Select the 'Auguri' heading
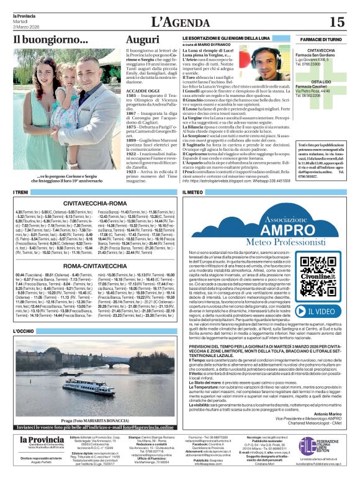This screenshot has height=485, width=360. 143,40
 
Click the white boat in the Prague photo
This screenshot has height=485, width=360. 93,384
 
